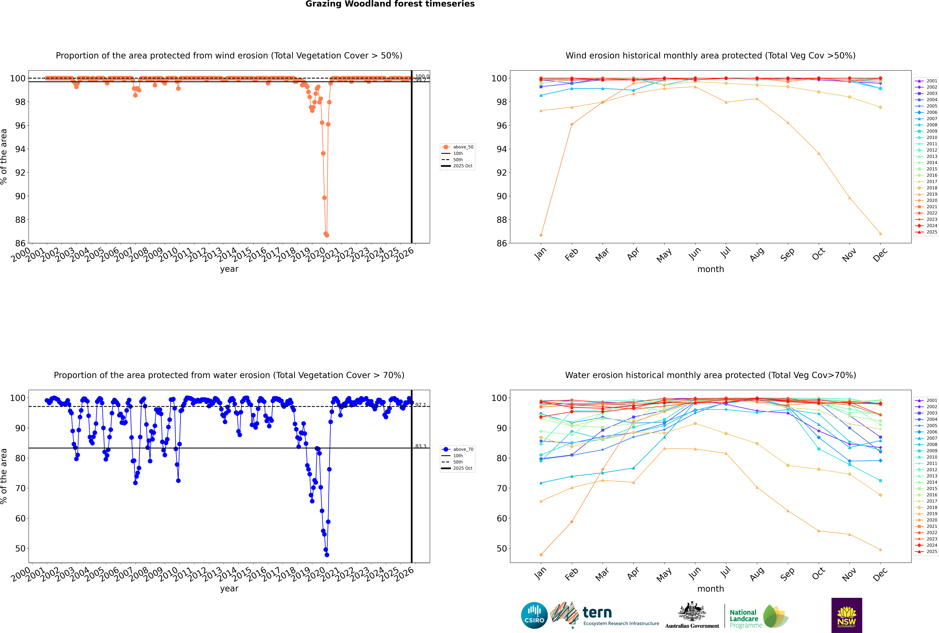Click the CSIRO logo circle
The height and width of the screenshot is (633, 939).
[x=534, y=615]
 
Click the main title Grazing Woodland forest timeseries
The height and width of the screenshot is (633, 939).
[x=390, y=4]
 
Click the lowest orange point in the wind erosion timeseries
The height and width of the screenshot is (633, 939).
[x=327, y=235]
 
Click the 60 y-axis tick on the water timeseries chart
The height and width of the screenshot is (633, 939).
[x=20, y=518]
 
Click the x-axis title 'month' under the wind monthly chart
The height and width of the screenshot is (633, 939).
[x=710, y=269]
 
